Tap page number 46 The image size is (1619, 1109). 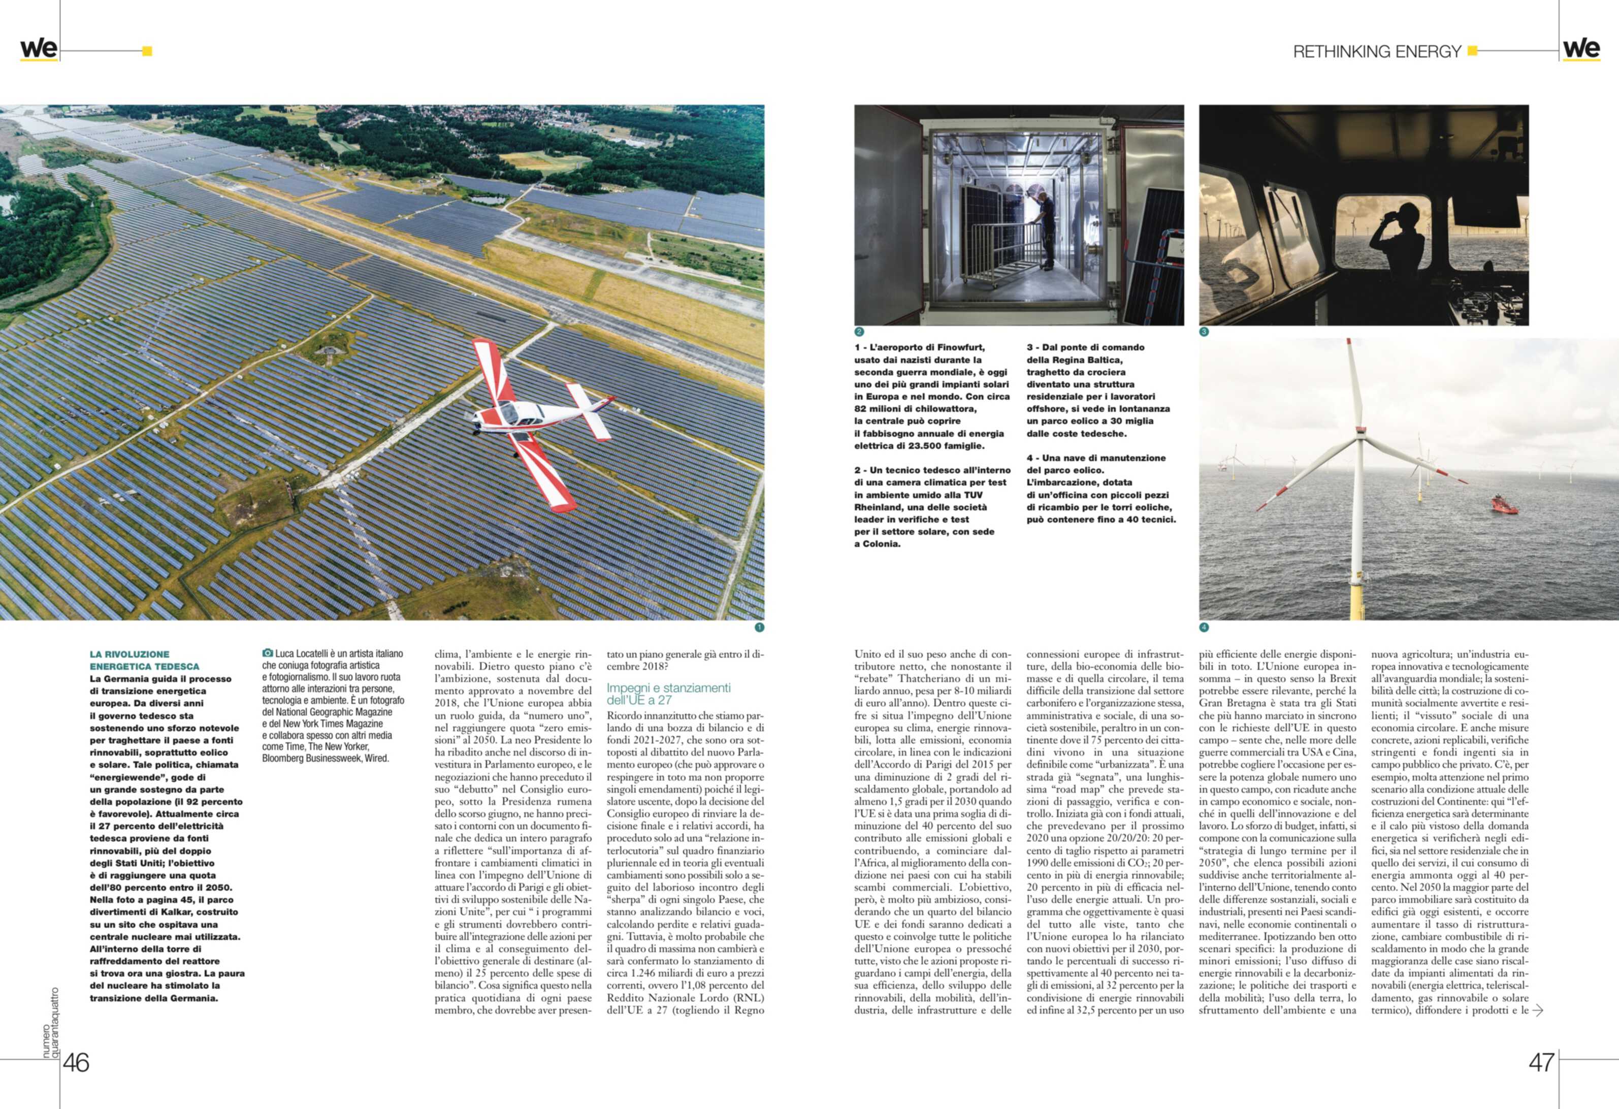point(77,1062)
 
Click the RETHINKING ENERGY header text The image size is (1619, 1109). point(1377,52)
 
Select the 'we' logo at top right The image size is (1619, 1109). point(1581,49)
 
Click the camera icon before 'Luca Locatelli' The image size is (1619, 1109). point(268,654)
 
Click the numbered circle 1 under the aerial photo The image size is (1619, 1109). point(759,627)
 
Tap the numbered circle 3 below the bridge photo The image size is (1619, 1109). point(1204,332)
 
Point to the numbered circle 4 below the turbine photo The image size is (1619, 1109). point(1204,627)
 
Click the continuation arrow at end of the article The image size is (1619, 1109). point(1538,1010)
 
